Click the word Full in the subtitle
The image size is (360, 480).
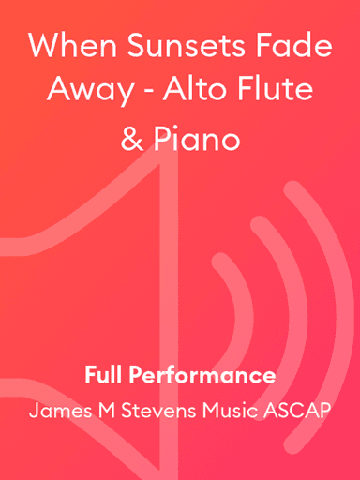coord(100,376)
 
